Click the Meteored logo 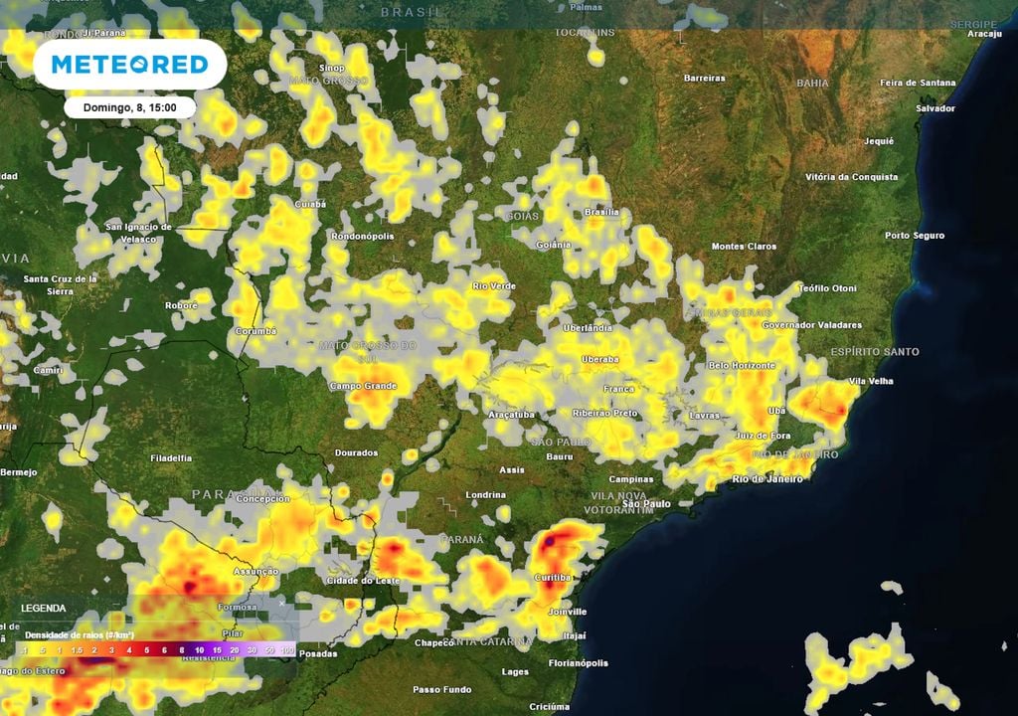tap(129, 65)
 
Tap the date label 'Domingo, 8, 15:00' tap(130, 107)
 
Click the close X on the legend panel tap(281, 603)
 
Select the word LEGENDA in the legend tap(44, 608)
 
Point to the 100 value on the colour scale tap(288, 649)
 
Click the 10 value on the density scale tap(200, 649)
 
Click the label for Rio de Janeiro tap(768, 479)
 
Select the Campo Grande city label tap(363, 386)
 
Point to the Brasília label tap(601, 212)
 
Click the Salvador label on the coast tap(934, 107)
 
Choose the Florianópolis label tap(580, 662)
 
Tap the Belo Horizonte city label tap(741, 366)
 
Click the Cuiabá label tap(310, 204)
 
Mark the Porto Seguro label tap(915, 236)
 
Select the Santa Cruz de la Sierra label tap(60, 284)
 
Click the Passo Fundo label tap(442, 689)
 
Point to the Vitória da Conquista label tap(851, 177)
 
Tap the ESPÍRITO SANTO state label tap(875, 352)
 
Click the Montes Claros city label tap(743, 247)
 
